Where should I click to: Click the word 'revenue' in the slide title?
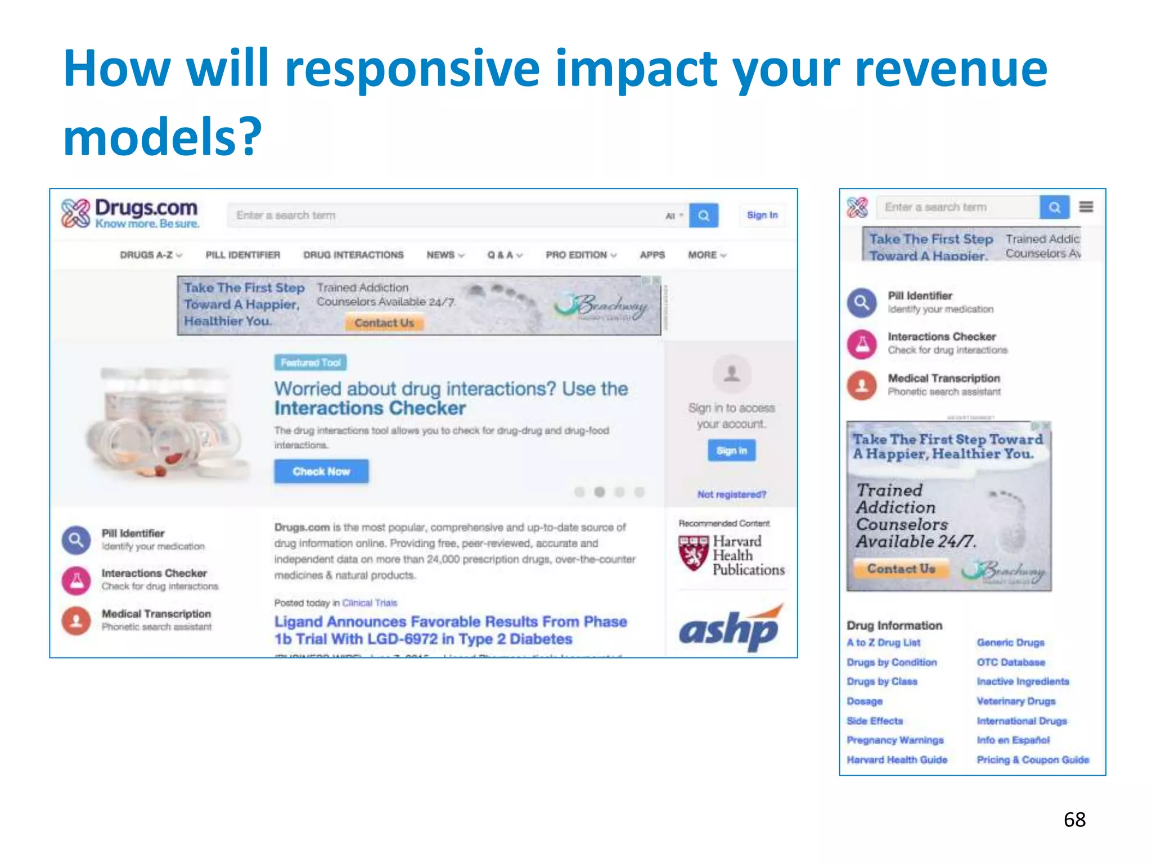pyautogui.click(x=951, y=70)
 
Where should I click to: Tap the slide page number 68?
pyautogui.click(x=1074, y=820)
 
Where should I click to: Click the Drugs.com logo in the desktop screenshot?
pyautogui.click(x=130, y=214)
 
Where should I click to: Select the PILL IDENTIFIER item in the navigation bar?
pyautogui.click(x=242, y=255)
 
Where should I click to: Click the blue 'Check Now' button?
pyautogui.click(x=321, y=471)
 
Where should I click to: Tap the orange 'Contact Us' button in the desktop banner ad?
pyautogui.click(x=384, y=323)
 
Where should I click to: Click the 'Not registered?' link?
pyautogui.click(x=731, y=494)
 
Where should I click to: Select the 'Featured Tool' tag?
pyautogui.click(x=310, y=363)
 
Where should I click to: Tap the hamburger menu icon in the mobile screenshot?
pyautogui.click(x=1086, y=207)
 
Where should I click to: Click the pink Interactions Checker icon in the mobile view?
pyautogui.click(x=862, y=344)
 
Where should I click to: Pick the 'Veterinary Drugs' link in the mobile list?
pyautogui.click(x=1016, y=701)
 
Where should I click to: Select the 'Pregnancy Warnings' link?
pyautogui.click(x=895, y=740)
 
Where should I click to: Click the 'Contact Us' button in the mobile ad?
pyautogui.click(x=901, y=569)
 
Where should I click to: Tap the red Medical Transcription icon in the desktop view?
pyautogui.click(x=76, y=620)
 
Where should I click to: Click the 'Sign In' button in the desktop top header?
pyautogui.click(x=762, y=215)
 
